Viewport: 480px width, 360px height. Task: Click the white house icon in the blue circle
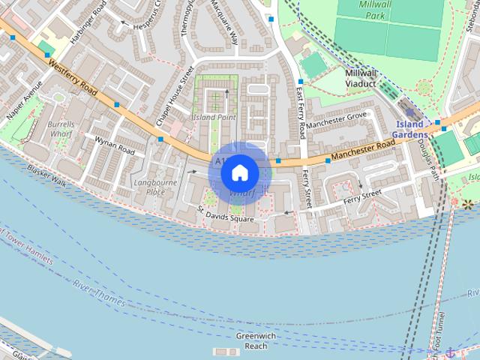click(239, 172)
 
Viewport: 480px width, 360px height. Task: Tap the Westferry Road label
click(73, 78)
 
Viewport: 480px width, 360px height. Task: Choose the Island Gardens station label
click(412, 129)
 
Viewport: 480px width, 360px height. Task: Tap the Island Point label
click(214, 118)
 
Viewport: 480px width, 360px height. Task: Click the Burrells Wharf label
click(60, 129)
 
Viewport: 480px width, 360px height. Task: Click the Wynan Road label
click(114, 145)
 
